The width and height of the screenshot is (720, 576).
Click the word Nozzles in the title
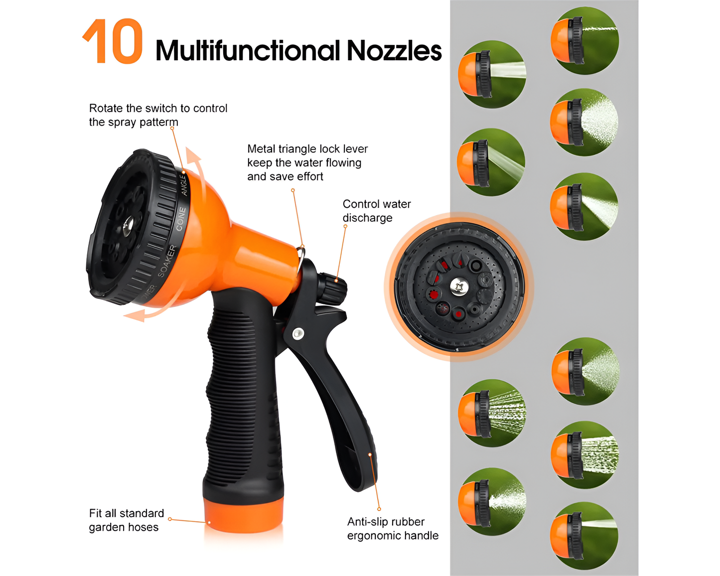point(394,51)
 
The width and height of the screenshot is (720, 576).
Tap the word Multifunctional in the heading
point(248,51)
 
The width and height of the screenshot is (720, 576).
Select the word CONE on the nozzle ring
point(180,219)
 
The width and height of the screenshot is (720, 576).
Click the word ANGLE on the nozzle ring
point(184,185)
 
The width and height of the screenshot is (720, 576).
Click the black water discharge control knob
point(332,288)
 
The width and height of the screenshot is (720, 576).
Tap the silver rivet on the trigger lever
point(298,333)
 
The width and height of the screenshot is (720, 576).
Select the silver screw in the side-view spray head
point(128,225)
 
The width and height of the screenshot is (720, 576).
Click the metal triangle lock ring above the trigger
point(301,254)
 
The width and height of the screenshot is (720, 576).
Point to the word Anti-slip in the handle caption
point(368,522)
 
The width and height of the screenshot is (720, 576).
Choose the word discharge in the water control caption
point(367,218)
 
